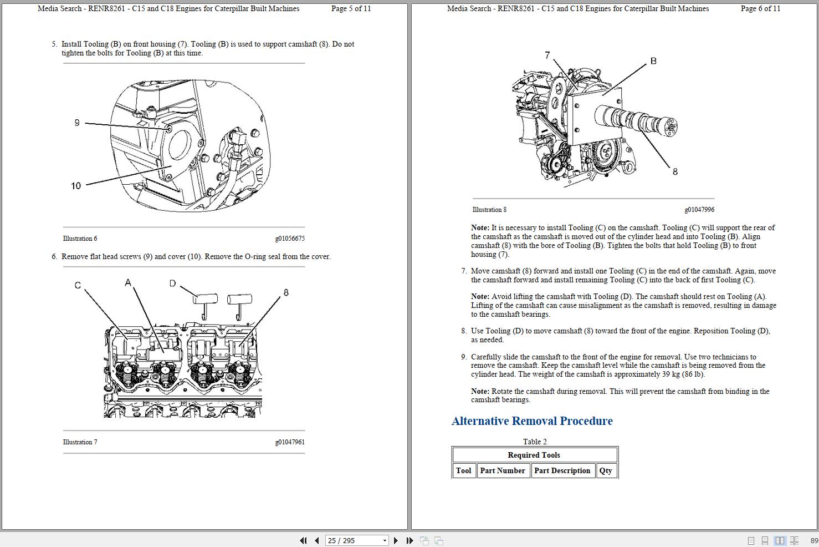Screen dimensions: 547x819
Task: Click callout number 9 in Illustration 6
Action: pos(77,123)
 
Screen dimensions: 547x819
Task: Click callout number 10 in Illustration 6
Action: pos(76,186)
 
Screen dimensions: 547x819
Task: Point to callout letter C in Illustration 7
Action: pos(78,285)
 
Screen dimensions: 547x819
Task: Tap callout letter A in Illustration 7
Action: pos(128,283)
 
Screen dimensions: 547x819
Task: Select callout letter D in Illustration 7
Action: pos(172,283)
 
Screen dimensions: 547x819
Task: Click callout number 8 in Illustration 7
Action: pos(286,292)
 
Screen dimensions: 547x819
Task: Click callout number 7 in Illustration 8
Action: pos(547,55)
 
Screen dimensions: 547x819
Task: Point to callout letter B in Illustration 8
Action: pos(653,61)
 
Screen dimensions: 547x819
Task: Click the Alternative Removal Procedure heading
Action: pos(532,421)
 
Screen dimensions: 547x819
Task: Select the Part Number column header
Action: pos(503,470)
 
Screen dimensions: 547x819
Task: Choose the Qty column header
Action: pos(606,470)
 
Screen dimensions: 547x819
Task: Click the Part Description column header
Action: pos(562,470)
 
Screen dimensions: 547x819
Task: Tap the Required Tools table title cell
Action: pos(534,455)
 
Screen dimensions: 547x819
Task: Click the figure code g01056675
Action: pos(290,239)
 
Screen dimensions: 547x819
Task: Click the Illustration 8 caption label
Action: pos(489,210)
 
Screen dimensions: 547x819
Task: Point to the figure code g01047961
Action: pos(290,442)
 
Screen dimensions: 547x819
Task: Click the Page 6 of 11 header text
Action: pos(760,8)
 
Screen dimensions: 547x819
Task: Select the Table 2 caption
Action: pos(535,442)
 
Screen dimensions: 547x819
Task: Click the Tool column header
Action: pos(464,470)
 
